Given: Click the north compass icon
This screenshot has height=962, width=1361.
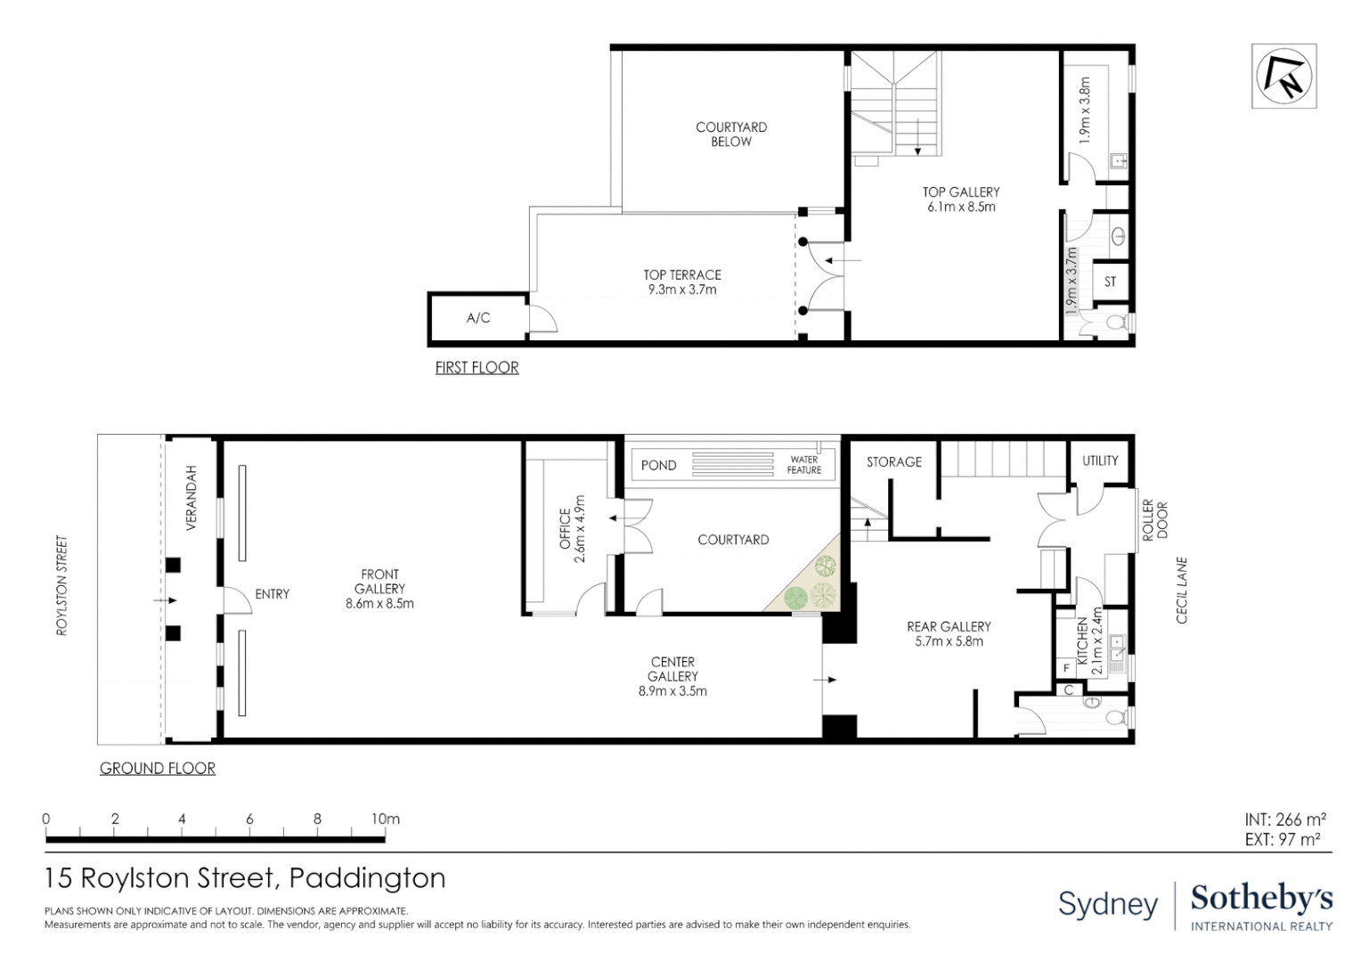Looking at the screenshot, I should click(1284, 76).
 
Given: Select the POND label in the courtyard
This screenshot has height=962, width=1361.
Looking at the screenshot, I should click(658, 465).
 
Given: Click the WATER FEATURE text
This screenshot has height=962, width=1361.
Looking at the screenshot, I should click(803, 465).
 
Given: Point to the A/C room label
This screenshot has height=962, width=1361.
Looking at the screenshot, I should click(478, 318).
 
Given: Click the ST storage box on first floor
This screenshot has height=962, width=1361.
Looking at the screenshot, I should click(1110, 281).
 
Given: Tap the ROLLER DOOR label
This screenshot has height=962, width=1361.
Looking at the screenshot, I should click(1154, 520).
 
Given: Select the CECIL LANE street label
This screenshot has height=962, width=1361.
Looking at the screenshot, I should click(1182, 591).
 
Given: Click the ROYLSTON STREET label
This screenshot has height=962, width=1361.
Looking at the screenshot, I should click(61, 585).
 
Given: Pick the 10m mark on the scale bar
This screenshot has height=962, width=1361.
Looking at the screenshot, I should click(385, 819).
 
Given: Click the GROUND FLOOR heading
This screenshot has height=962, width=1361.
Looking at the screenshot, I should click(158, 768).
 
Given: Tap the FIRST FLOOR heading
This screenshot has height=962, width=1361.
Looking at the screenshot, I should click(477, 367).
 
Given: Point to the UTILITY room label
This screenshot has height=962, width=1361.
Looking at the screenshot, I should click(1100, 461).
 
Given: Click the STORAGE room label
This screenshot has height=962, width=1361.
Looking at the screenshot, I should click(894, 461).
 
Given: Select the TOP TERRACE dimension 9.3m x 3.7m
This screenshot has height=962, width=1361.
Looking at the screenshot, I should click(682, 289).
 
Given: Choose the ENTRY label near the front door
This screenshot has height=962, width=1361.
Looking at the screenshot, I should click(272, 594).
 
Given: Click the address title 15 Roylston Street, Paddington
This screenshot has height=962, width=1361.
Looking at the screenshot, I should click(245, 878).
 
